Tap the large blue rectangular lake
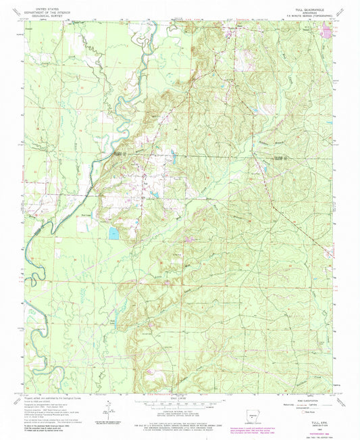(x=112, y=233)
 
